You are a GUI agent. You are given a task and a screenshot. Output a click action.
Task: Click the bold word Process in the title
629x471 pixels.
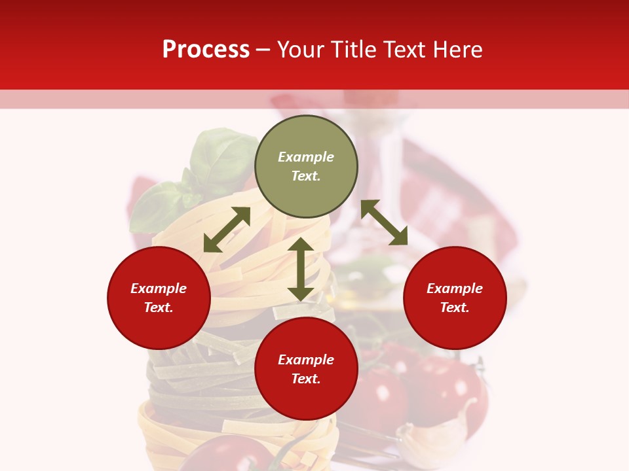pyautogui.click(x=206, y=50)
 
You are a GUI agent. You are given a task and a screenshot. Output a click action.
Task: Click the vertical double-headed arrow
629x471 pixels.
pyautogui.click(x=301, y=269)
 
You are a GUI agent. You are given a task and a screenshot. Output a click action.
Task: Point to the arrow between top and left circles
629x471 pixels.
pyautogui.click(x=227, y=230)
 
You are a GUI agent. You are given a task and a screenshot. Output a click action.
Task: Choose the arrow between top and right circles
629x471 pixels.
pyautogui.click(x=384, y=222)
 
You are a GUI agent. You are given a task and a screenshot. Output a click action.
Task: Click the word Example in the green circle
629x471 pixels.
pyautogui.click(x=306, y=157)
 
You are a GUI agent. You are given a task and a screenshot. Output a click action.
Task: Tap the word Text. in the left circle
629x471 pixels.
pyautogui.click(x=159, y=307)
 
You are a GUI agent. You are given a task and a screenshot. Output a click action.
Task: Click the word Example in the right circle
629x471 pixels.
pyautogui.click(x=455, y=288)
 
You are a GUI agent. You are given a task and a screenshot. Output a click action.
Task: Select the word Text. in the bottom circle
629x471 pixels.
pyautogui.click(x=306, y=379)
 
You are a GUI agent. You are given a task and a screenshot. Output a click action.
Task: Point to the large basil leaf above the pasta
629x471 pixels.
pyautogui.click(x=219, y=157)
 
